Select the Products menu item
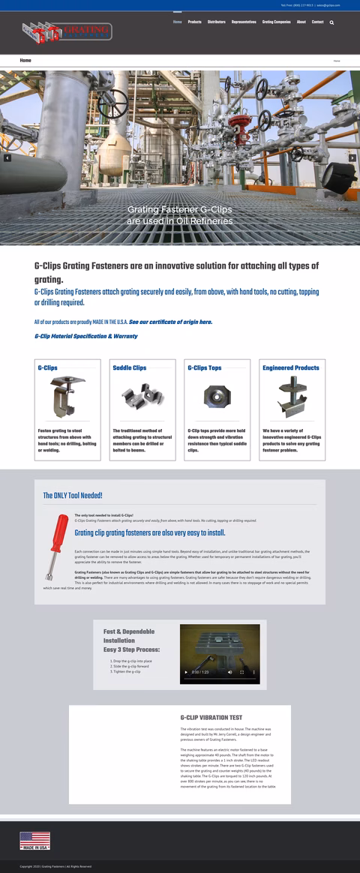[x=194, y=22]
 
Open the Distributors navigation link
[x=216, y=22]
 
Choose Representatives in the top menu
[x=244, y=22]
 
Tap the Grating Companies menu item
[x=276, y=22]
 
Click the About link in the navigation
[x=301, y=22]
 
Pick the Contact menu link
[x=317, y=22]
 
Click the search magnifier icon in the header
[x=332, y=22]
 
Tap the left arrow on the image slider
[x=7, y=157]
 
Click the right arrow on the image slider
[x=352, y=157]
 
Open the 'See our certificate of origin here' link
[x=170, y=322]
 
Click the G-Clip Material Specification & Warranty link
[x=85, y=336]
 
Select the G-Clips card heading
[x=48, y=368]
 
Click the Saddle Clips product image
[x=142, y=397]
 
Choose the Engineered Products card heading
[x=291, y=368]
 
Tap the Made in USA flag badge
[x=34, y=840]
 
